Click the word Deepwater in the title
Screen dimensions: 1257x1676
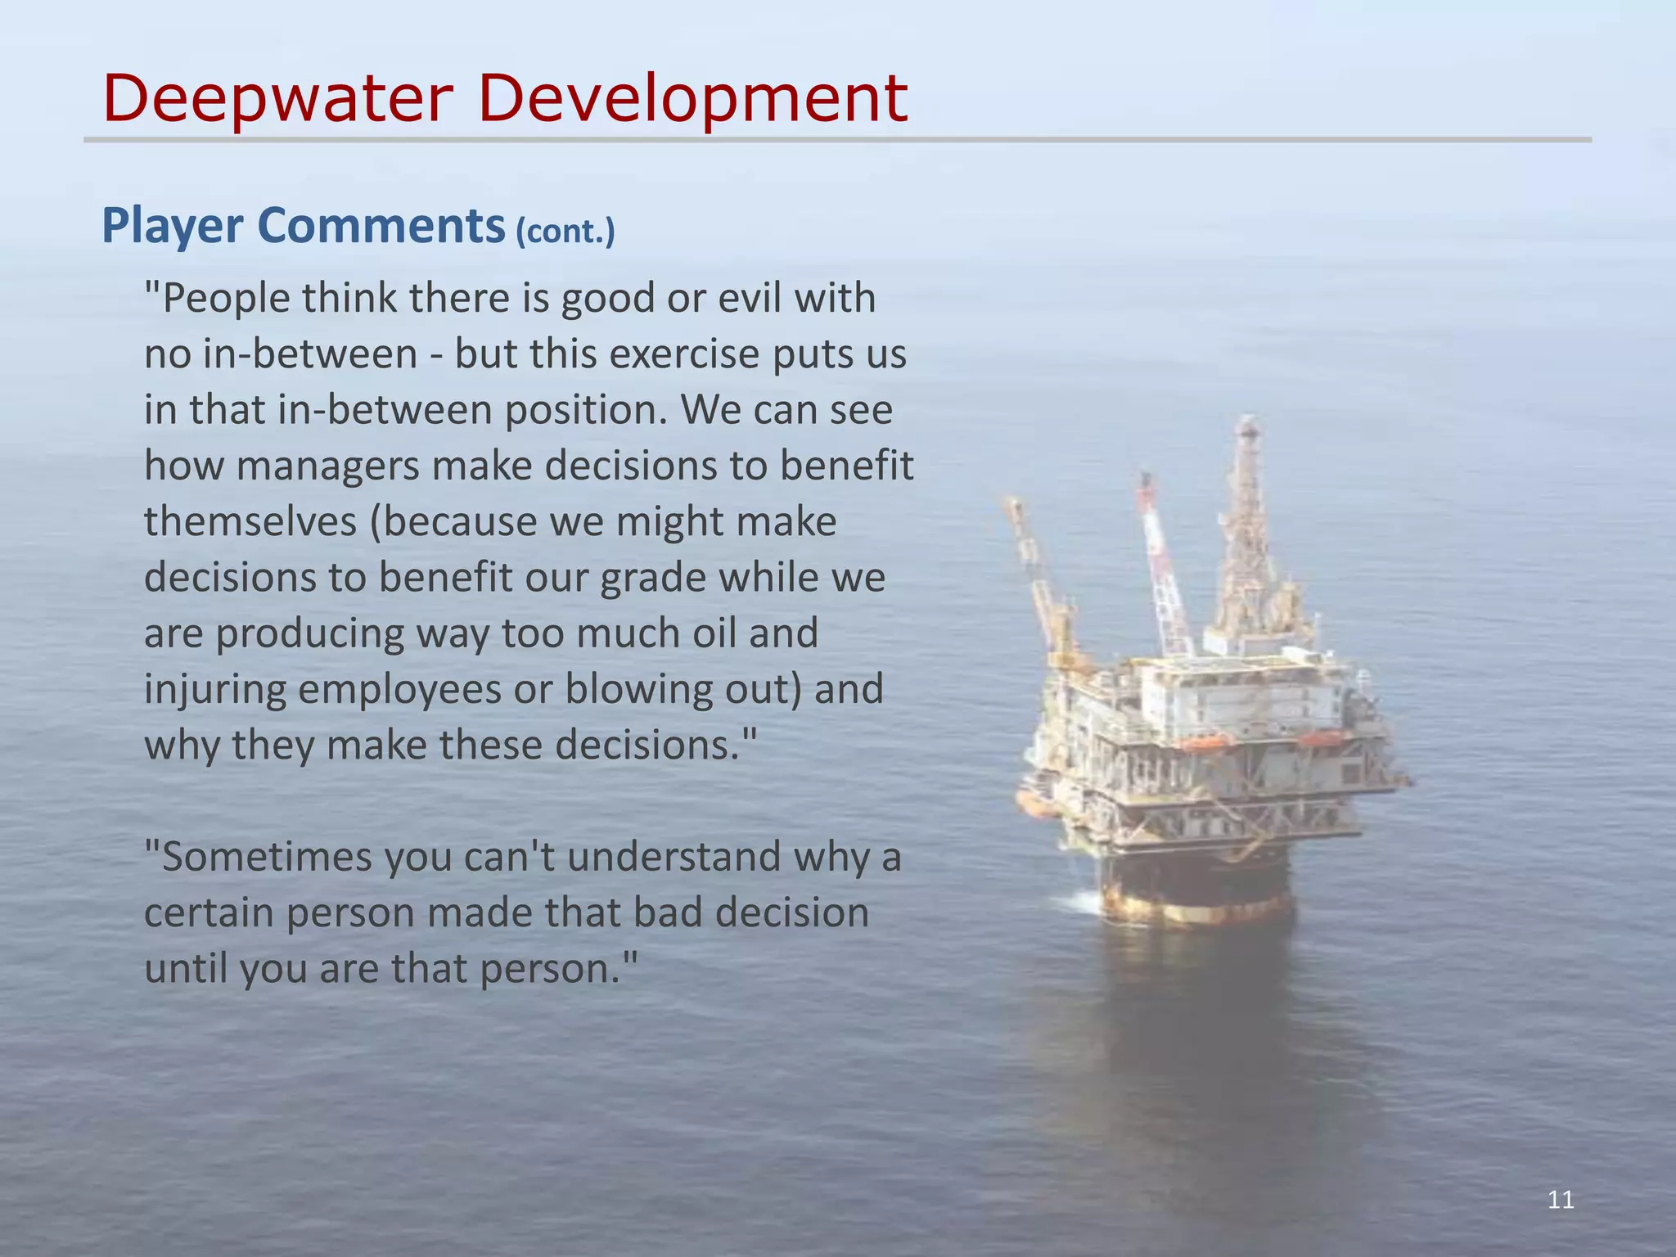coord(278,98)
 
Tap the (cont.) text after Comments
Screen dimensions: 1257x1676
coord(565,232)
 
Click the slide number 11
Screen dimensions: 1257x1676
coord(1561,1201)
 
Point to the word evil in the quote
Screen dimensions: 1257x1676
coord(752,298)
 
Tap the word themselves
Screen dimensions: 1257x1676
coord(250,522)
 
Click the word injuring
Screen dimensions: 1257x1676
coord(214,690)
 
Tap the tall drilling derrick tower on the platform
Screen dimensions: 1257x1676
coord(1249,524)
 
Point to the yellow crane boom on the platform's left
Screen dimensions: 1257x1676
coord(1034,573)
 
